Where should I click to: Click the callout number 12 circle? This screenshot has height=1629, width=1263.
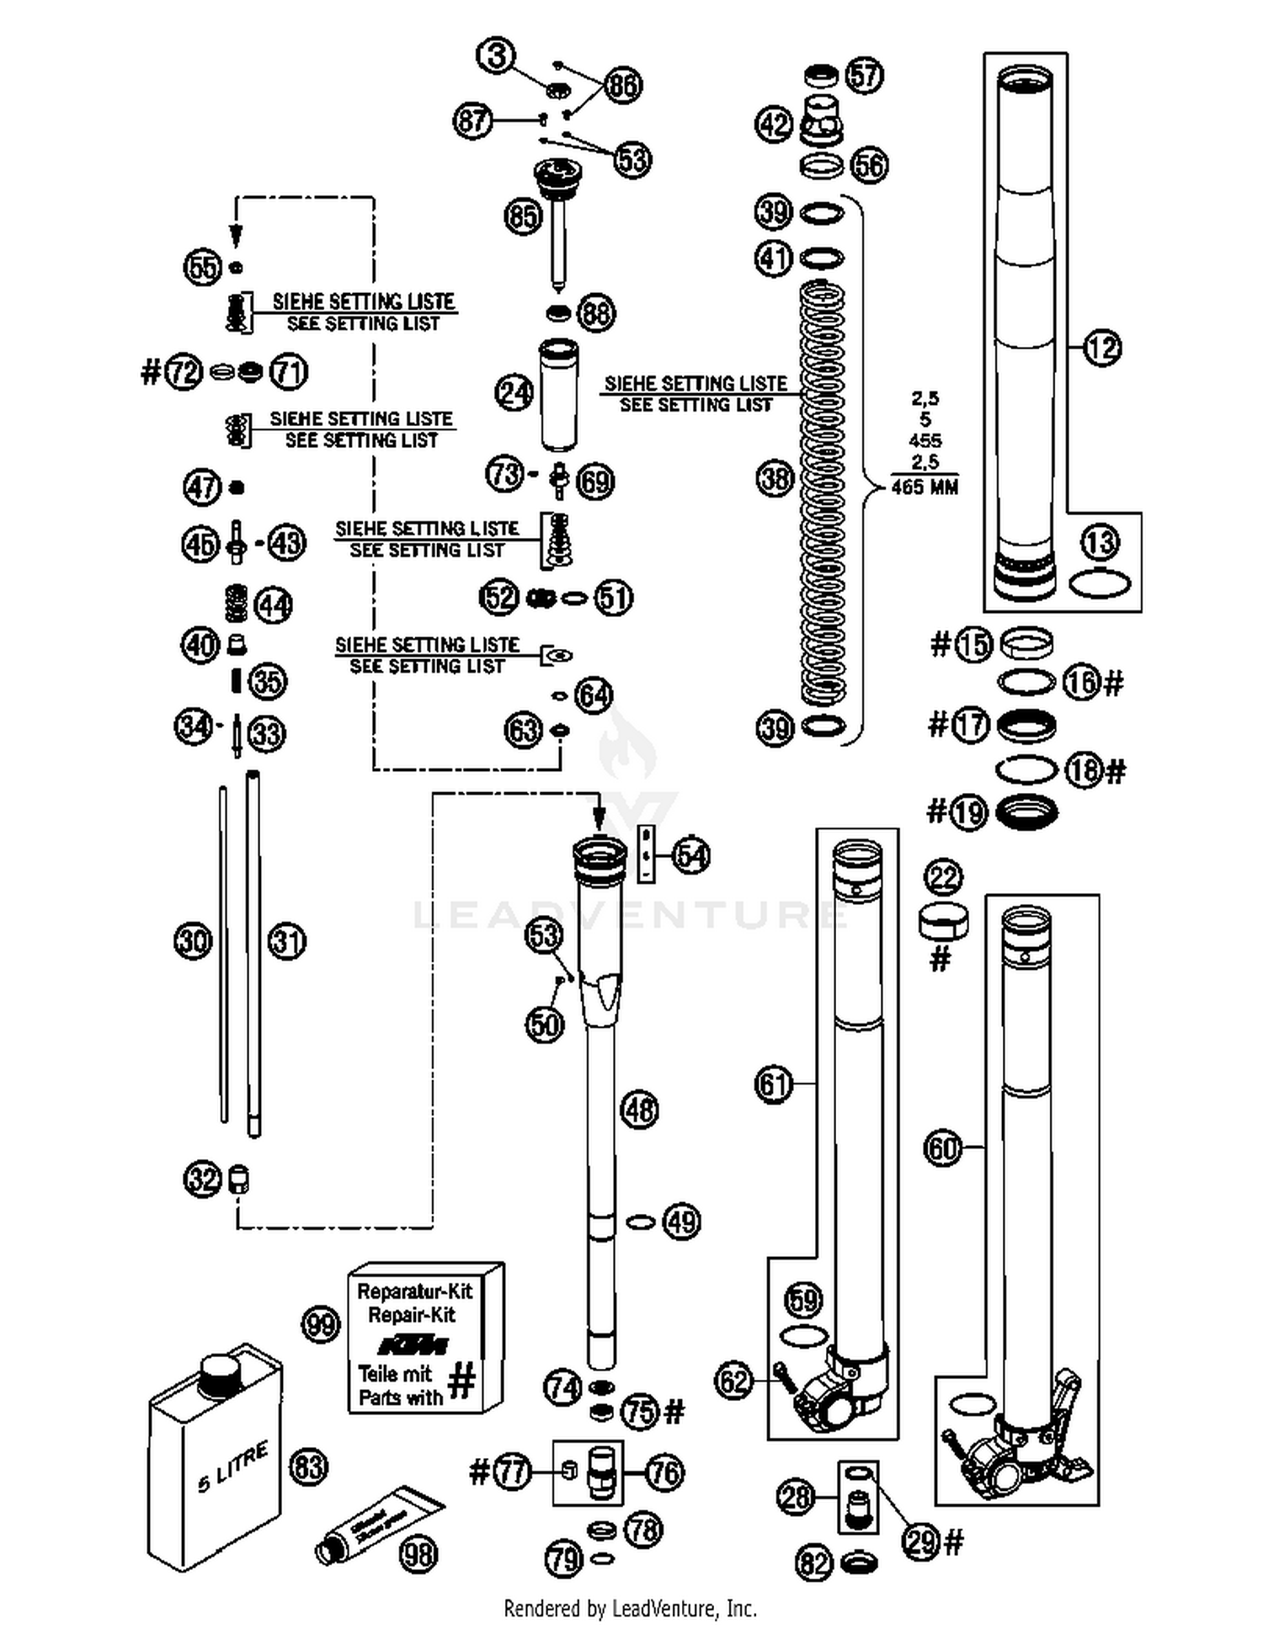pos(1101,347)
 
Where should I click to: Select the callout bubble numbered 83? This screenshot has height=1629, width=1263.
pos(307,1467)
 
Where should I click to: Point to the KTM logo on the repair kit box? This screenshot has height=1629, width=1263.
pos(413,1344)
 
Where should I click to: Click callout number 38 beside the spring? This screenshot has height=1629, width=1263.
pos(775,479)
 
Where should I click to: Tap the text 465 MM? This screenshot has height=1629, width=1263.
pos(925,487)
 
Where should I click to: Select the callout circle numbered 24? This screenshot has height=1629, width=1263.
pos(514,392)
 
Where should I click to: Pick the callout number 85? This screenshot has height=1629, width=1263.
pos(522,216)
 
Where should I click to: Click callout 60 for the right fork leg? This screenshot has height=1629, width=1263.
pos(942,1147)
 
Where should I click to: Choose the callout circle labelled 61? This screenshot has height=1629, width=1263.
pos(773,1083)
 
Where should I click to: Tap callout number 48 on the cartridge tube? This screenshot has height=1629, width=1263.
pos(639,1110)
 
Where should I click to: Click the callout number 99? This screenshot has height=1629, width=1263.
pos(320,1325)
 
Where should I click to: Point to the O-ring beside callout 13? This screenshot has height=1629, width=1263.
pos(1100,583)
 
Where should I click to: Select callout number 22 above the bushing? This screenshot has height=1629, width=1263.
pos(943,877)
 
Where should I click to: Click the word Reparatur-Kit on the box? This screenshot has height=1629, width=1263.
pos(414,1291)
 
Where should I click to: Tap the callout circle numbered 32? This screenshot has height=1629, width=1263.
pos(202,1179)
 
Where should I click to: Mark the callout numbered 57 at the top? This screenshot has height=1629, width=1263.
pos(864,75)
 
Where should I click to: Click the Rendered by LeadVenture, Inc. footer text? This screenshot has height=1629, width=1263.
pos(630,1609)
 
